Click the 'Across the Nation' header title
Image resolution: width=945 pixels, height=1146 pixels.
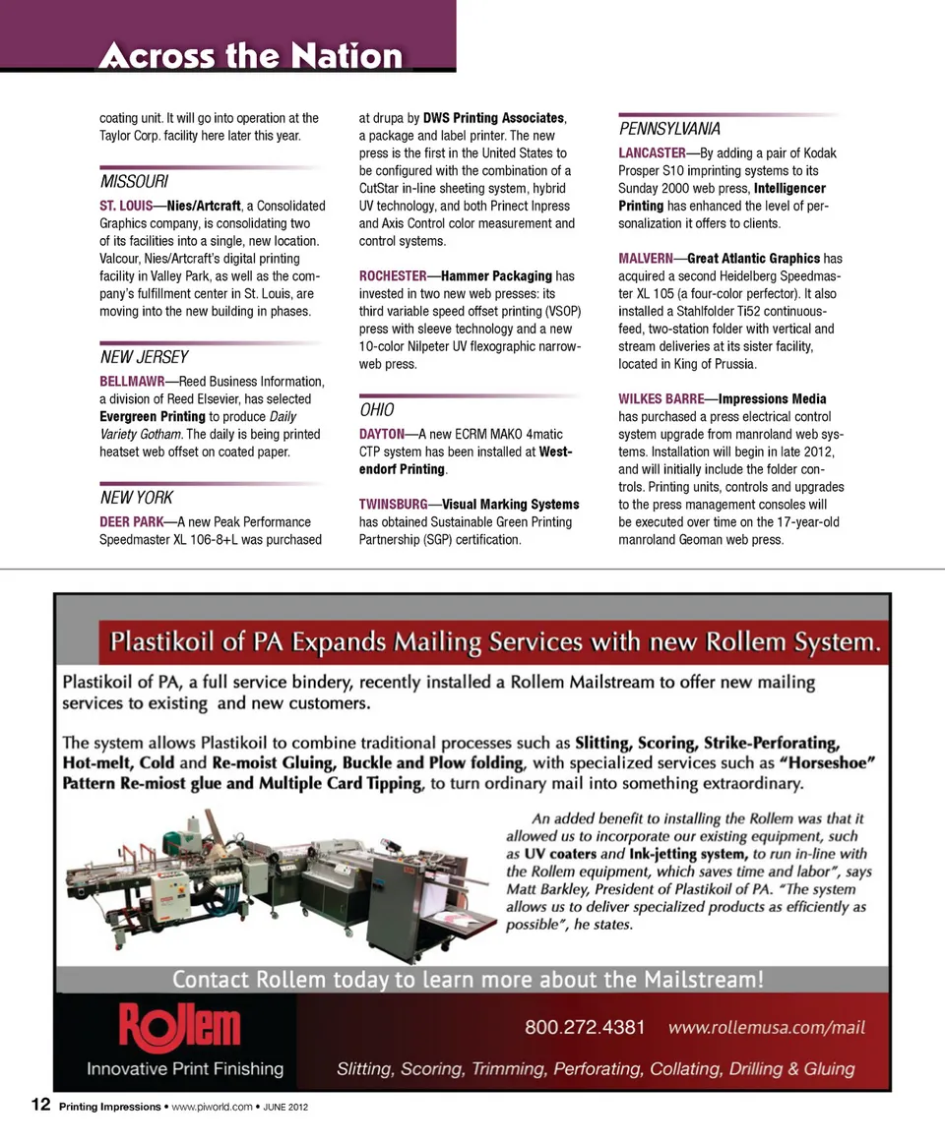(251, 55)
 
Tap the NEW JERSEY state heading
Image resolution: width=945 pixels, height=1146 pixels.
(144, 357)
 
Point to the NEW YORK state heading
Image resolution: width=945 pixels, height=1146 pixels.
(137, 498)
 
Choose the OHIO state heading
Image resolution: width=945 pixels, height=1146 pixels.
(377, 410)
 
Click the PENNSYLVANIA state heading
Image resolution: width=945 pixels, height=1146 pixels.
(669, 129)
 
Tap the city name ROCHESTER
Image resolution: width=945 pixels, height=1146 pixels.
(393, 276)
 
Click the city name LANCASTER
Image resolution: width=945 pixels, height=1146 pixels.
(652, 153)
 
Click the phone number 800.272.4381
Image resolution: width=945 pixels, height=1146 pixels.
(585, 1028)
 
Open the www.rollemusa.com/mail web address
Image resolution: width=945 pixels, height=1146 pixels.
(767, 1028)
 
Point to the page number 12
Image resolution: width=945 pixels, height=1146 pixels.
(40, 1106)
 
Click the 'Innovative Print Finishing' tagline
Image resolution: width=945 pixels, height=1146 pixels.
(185, 1068)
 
